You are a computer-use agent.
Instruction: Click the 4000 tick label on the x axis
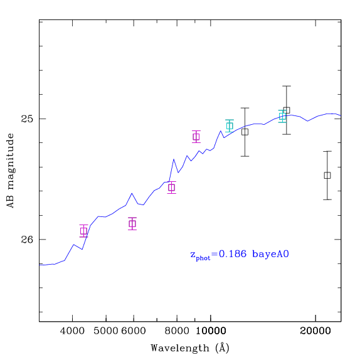tap(72, 331)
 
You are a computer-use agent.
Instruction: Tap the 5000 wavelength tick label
tap(106, 331)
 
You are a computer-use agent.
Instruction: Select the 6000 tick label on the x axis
tap(134, 331)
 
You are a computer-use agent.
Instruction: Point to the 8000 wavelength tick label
tap(177, 331)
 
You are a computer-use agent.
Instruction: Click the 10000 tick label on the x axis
tap(211, 331)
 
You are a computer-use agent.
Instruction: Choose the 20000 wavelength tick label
tap(315, 331)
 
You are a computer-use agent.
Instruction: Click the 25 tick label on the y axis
tap(28, 119)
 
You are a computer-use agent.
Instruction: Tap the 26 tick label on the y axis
tap(28, 240)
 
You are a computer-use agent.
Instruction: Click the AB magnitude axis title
tap(11, 171)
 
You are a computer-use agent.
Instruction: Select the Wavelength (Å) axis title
tap(190, 348)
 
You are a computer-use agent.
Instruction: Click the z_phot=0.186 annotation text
tap(218, 255)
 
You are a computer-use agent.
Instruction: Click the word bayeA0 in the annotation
tap(270, 254)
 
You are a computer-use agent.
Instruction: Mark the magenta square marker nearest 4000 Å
tap(83, 231)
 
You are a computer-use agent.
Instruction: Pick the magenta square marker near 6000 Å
tap(132, 224)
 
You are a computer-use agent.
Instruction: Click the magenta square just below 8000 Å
tap(171, 188)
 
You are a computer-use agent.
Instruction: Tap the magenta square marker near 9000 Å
tap(196, 137)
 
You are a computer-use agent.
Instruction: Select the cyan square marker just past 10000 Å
tap(230, 126)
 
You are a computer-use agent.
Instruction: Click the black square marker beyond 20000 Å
tap(327, 176)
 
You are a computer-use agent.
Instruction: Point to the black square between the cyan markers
tap(245, 132)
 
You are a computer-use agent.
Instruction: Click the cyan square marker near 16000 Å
tap(282, 117)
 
